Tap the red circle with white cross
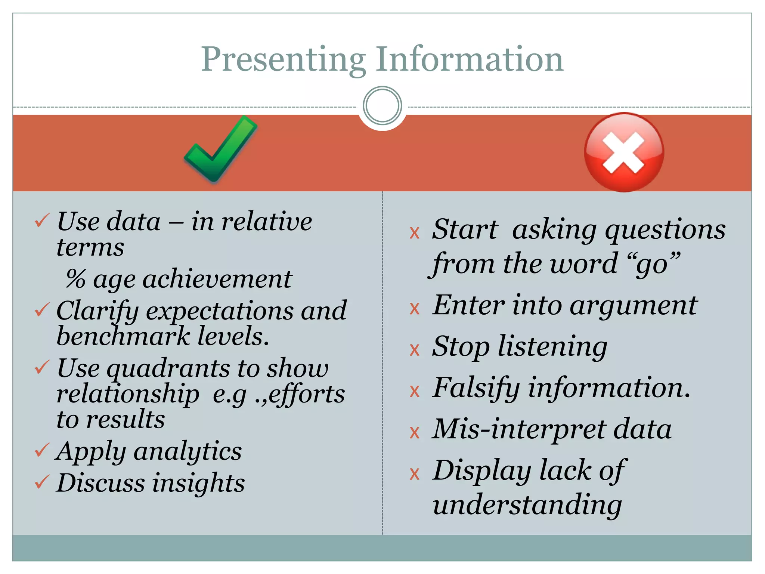tap(624, 152)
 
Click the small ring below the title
tap(382, 106)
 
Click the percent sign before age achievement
tap(76, 279)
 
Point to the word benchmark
tap(123, 336)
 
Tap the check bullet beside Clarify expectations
tap(42, 309)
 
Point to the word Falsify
tap(476, 389)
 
